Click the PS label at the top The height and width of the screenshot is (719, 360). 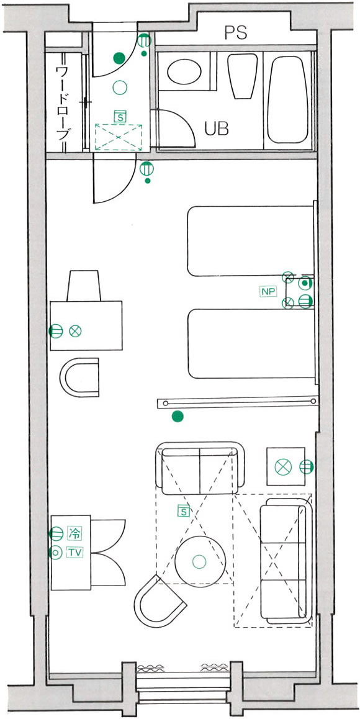tap(236, 32)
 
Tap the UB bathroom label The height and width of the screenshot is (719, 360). tap(217, 129)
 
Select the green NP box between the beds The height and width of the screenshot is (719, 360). tap(268, 291)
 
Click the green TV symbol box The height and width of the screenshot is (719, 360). tap(74, 553)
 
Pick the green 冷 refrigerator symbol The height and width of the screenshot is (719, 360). tap(74, 533)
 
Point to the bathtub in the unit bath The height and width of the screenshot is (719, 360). tap(287, 99)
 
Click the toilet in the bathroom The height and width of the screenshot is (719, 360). tap(243, 76)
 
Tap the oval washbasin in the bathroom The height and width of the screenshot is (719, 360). tap(184, 71)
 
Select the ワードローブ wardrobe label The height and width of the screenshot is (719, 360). tap(63, 103)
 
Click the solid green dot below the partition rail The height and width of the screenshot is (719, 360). tap(178, 417)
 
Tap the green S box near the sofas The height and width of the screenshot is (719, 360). tap(184, 511)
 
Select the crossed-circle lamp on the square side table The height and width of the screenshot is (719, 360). tap(283, 467)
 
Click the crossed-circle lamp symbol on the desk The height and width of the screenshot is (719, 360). tap(75, 330)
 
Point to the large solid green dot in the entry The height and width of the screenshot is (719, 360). tap(119, 58)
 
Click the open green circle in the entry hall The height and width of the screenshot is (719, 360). tap(120, 87)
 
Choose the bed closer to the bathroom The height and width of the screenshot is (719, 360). tap(251, 241)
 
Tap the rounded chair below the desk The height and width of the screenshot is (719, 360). tap(79, 377)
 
